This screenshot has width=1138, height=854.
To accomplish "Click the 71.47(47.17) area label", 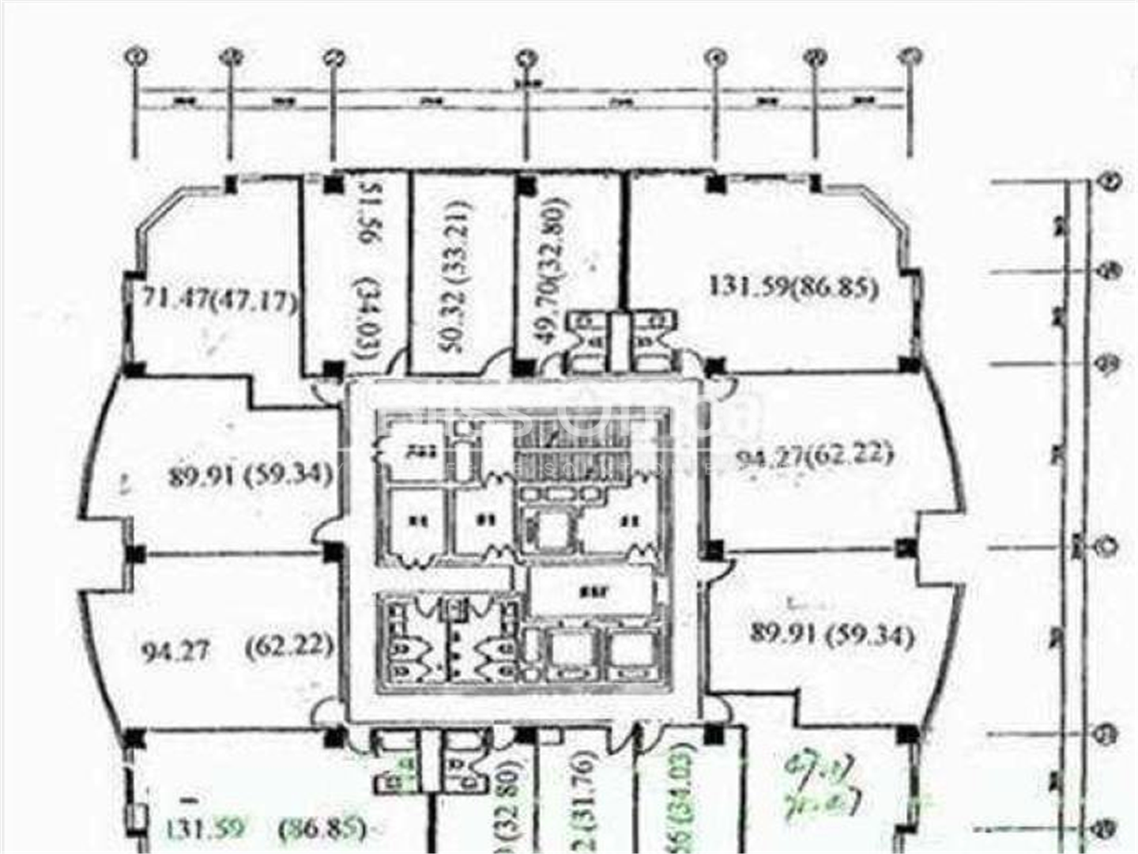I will click(x=220, y=301).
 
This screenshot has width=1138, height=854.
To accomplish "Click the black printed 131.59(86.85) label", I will click(x=793, y=286).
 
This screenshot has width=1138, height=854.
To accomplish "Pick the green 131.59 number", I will click(x=205, y=829).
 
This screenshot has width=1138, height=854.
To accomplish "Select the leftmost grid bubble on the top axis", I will click(x=138, y=56).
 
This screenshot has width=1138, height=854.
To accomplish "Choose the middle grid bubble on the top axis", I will click(x=526, y=58).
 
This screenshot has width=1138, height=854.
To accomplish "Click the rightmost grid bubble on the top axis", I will click(x=911, y=56).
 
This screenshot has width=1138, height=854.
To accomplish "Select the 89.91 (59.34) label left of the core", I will click(x=250, y=476).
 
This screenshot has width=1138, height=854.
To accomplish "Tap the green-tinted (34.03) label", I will click(x=684, y=799).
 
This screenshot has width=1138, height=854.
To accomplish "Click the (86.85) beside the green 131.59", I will click(x=322, y=829).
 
